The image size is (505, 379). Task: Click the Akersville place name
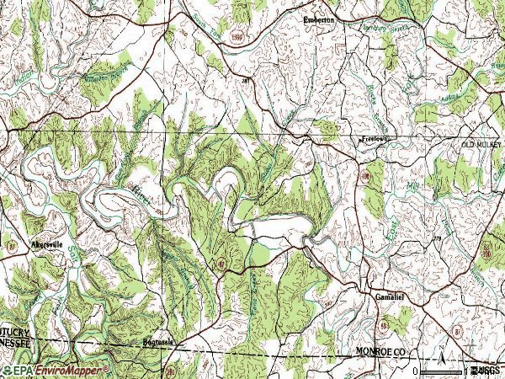pyautogui.click(x=47, y=244)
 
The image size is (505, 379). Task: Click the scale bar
pyautogui.click(x=442, y=371)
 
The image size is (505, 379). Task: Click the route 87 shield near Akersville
pyautogui.click(x=13, y=244)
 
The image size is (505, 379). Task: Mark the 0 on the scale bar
pyautogui.click(x=417, y=371)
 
